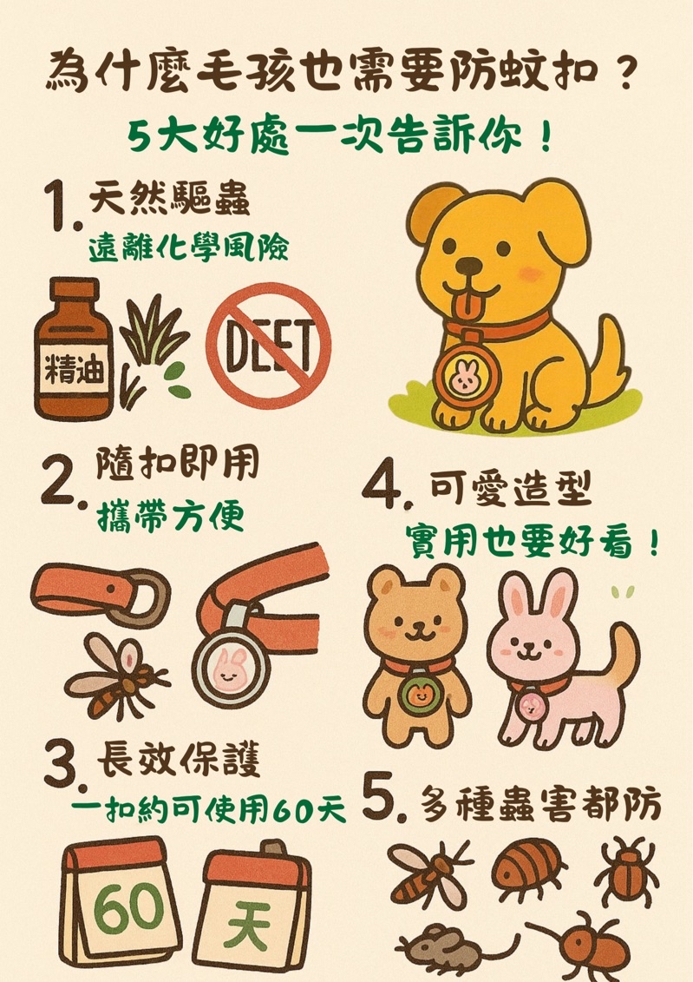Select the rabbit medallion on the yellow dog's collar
[467, 374]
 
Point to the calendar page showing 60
[121, 903]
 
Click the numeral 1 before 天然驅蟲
[60, 206]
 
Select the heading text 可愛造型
[510, 489]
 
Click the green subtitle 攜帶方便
[170, 517]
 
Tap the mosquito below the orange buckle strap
[116, 676]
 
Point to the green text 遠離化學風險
[188, 249]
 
